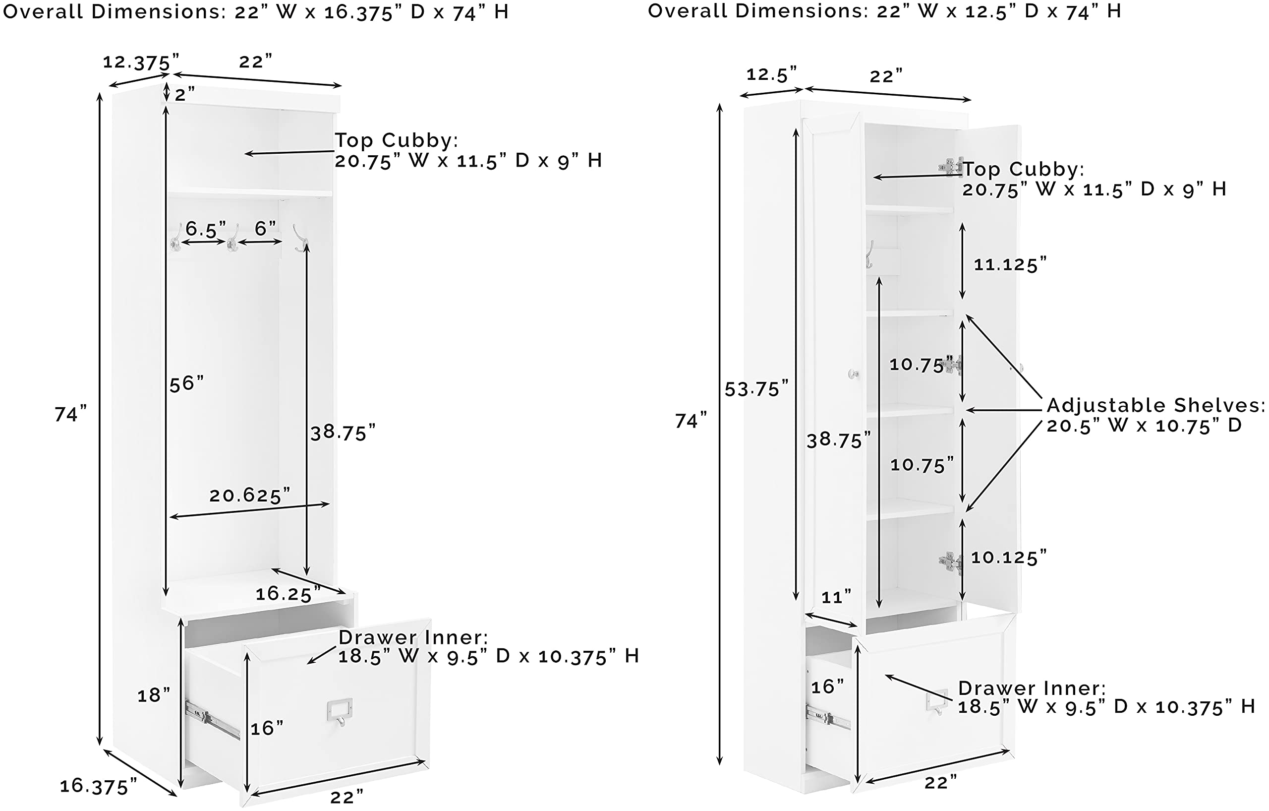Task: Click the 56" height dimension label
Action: (186, 383)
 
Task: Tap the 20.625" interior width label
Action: (250, 495)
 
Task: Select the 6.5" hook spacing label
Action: (206, 229)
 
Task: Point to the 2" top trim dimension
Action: (184, 94)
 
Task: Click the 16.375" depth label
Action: (98, 786)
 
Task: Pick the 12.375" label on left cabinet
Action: (141, 62)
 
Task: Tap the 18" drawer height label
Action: (154, 695)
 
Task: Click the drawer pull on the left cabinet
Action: (340, 712)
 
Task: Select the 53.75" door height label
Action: (756, 388)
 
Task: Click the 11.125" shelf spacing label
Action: (1010, 264)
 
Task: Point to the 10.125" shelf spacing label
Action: (1009, 558)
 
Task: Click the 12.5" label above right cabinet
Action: (771, 74)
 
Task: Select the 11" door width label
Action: (836, 597)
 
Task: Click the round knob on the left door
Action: (853, 374)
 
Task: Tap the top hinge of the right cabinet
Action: (951, 166)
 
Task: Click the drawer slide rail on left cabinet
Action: (212, 718)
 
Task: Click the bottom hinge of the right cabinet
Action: (951, 562)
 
